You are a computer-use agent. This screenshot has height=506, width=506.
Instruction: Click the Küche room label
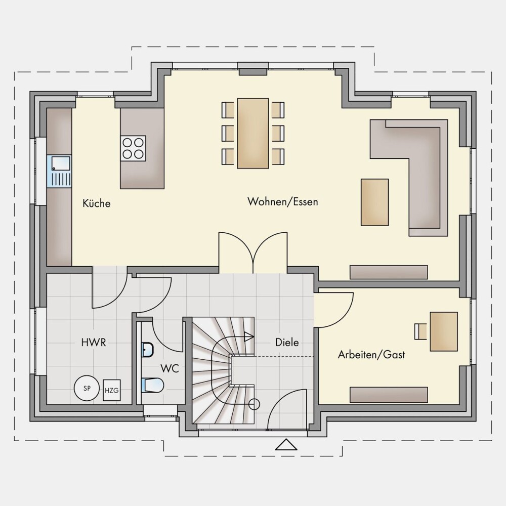[97, 203]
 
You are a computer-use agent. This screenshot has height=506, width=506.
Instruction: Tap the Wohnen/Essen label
[283, 202]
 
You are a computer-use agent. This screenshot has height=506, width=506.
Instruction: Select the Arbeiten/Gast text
[371, 355]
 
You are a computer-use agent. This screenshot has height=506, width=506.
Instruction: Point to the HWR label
[94, 343]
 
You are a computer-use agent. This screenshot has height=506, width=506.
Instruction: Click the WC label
[170, 368]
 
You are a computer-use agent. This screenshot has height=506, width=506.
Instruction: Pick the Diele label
[287, 342]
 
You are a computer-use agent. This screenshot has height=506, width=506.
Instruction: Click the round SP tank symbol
[87, 388]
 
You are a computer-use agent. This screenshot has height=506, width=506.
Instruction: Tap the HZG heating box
[112, 391]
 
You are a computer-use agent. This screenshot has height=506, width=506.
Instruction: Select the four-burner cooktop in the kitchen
[133, 148]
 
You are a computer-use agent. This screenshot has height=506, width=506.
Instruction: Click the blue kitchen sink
[59, 172]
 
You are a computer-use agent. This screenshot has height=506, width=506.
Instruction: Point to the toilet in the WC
[152, 385]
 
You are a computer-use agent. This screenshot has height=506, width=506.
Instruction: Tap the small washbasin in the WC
[147, 350]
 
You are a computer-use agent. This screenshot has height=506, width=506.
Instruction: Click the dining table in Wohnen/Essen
[253, 133]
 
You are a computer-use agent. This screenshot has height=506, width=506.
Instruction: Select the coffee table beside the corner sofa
[374, 202]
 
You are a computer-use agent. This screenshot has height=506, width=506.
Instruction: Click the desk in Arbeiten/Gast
[444, 331]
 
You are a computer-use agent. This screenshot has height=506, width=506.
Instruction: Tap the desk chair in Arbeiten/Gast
[420, 331]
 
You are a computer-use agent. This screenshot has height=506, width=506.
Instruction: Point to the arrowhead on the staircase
[249, 336]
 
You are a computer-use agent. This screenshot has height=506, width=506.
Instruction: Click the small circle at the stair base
[254, 404]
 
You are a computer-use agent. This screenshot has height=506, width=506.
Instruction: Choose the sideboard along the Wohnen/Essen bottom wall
[389, 272]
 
